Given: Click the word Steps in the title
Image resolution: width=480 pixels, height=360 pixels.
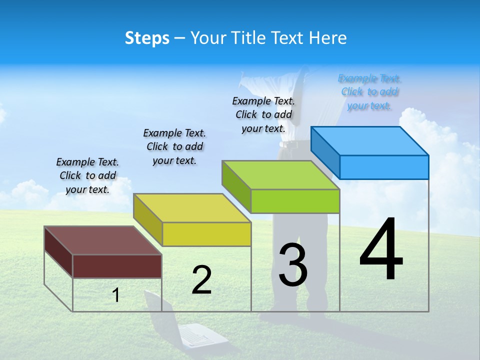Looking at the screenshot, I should pyautogui.click(x=147, y=38).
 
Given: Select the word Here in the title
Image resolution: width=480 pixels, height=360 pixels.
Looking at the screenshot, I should pyautogui.click(x=328, y=38).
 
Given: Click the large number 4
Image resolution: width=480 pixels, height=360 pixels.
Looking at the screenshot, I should pyautogui.click(x=381, y=250).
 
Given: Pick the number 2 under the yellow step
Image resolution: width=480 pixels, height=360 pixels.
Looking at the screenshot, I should pyautogui.click(x=201, y=280).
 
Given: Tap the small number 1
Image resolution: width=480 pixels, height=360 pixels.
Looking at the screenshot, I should pyautogui.click(x=116, y=295).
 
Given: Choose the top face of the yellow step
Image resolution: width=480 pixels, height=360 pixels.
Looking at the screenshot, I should pyautogui.click(x=192, y=208).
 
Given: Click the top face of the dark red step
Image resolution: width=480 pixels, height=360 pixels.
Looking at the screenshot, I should pyautogui.click(x=103, y=240).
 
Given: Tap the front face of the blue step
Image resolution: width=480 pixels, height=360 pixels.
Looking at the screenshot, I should pyautogui.click(x=384, y=167).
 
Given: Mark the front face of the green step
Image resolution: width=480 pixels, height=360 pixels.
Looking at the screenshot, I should pyautogui.click(x=295, y=201).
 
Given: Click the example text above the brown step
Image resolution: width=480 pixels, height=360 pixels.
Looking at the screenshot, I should pyautogui.click(x=87, y=176).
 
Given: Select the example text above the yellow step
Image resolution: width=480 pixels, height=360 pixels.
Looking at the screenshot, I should pyautogui.click(x=174, y=146).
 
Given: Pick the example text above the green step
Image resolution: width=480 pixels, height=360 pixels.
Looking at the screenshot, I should pyautogui.click(x=263, y=114).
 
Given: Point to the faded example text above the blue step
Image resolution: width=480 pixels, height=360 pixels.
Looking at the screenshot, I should pyautogui.click(x=369, y=92).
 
